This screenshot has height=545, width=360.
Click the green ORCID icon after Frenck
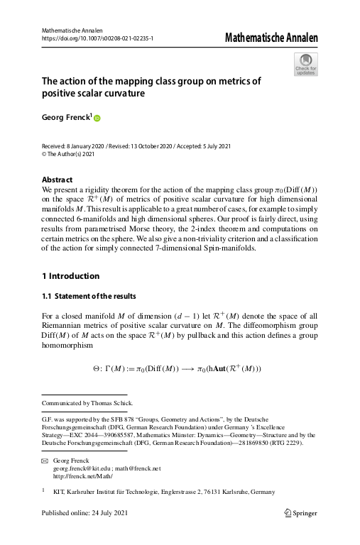pos(98,119)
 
